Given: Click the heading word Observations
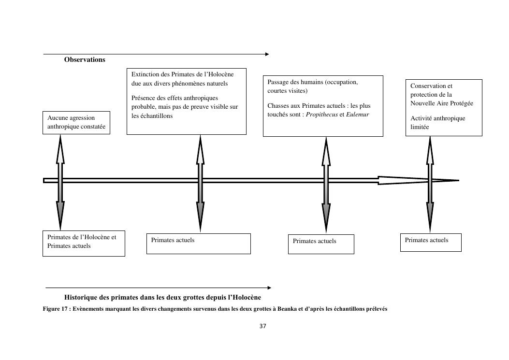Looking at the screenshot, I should coord(85,60).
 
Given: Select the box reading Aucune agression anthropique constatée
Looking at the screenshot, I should coord(76,122).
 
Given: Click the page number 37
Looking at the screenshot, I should coord(262,326).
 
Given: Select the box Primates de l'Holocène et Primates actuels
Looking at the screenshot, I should coord(84,243).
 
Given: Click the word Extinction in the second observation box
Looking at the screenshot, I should coord(145,74).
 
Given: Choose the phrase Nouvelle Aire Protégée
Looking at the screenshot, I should coord(441,103).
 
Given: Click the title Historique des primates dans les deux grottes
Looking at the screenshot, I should coord(162,297).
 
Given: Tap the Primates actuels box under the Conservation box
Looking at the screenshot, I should coord(430,242).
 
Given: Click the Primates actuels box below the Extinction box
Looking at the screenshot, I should coord(198,244).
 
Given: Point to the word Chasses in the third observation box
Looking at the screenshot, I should coord(277,106).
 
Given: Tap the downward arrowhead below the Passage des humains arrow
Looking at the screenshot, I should coord(326,220).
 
